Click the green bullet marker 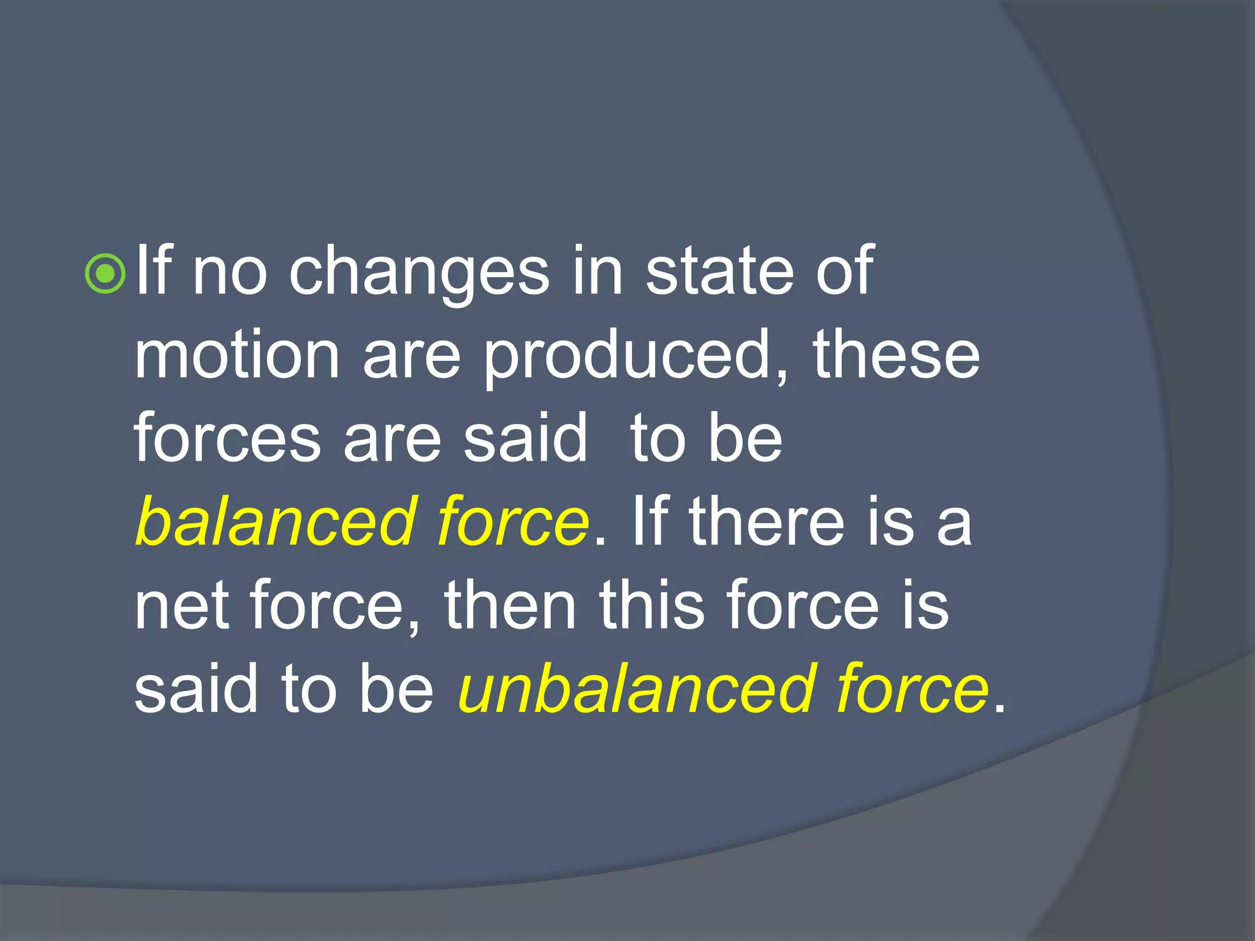coord(106,273)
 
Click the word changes coord(419,272)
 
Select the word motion coord(237,355)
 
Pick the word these coord(896,355)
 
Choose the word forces coord(227,439)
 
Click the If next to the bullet coord(153,271)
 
